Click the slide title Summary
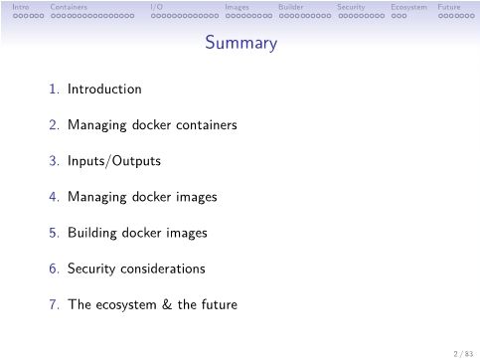pos(240,44)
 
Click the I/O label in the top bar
pos(156,7)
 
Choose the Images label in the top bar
pos(238,7)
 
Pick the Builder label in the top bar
pos(291,7)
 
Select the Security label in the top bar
pos(351,7)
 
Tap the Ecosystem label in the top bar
pos(408,7)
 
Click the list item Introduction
pos(104,90)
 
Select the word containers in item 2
pos(204,125)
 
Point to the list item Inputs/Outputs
pos(113,161)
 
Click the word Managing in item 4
pos(93,197)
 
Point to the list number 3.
pos(54,161)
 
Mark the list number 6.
pos(54,269)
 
